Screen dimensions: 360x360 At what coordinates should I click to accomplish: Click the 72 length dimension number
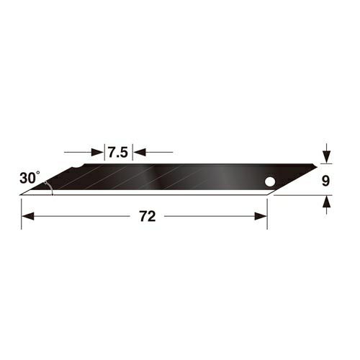148,216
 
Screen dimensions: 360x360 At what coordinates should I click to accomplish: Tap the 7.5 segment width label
118,152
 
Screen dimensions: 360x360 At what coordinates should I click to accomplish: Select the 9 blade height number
325,181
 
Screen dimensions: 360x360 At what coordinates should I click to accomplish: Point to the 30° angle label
30,178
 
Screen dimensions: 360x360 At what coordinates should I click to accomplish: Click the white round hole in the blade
270,181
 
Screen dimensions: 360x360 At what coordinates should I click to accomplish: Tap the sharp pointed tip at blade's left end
20,195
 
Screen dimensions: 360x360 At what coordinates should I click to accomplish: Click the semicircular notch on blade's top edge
78,167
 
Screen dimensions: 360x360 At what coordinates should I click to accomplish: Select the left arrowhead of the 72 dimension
27,216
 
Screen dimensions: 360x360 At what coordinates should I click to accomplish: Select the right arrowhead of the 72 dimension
261,216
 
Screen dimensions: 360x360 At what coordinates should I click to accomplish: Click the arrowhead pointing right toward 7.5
98,152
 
